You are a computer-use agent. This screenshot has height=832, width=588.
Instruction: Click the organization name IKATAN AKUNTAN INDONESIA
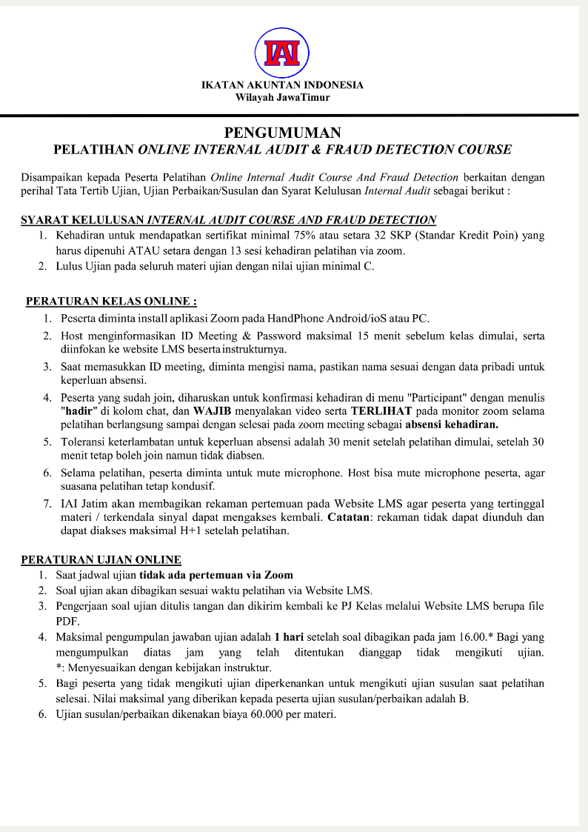click(282, 85)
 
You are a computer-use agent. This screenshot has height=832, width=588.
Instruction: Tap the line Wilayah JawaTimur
click(282, 97)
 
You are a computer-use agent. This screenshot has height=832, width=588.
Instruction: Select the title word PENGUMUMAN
click(282, 133)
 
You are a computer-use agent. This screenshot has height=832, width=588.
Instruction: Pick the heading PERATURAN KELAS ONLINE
click(111, 302)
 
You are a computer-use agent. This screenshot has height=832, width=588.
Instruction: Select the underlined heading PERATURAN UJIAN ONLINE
click(101, 559)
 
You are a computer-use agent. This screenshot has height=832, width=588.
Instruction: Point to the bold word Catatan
click(352, 517)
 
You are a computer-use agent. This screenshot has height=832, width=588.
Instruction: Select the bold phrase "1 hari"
click(289, 636)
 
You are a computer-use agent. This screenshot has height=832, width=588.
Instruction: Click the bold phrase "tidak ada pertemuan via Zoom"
click(216, 575)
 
